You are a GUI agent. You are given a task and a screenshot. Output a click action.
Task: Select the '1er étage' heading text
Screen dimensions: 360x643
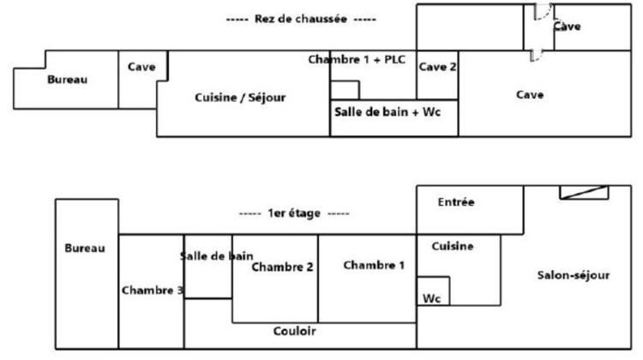pyautogui.click(x=294, y=213)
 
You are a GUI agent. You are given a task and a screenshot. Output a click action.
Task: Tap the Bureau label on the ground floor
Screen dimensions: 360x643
pyautogui.click(x=67, y=80)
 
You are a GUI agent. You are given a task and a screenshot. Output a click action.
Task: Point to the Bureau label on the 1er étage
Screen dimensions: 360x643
pyautogui.click(x=85, y=249)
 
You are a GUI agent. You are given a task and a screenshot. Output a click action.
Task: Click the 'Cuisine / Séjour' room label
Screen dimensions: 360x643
pyautogui.click(x=240, y=98)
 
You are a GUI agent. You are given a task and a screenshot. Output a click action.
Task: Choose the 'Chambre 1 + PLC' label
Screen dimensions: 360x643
pyautogui.click(x=357, y=59)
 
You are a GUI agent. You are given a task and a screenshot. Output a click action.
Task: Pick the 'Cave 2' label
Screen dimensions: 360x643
pyautogui.click(x=437, y=68)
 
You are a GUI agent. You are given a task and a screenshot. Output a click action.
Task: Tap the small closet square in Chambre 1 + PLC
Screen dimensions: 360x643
pyautogui.click(x=345, y=90)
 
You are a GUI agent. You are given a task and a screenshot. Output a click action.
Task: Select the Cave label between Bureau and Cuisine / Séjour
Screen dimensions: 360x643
pyautogui.click(x=141, y=68)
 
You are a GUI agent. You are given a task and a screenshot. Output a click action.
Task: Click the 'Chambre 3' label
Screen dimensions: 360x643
pyautogui.click(x=152, y=290)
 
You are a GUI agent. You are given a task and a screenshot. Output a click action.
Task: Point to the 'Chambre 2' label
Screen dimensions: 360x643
pyautogui.click(x=282, y=267)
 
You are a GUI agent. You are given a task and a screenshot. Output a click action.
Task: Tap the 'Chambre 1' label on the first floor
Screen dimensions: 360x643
pyautogui.click(x=374, y=265)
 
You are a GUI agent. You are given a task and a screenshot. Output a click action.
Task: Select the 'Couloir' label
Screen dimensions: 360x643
pyautogui.click(x=295, y=331)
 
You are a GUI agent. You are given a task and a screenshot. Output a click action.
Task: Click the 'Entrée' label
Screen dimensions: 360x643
pyautogui.click(x=456, y=202)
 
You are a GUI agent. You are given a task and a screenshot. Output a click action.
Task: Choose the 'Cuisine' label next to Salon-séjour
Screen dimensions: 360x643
pyautogui.click(x=452, y=247)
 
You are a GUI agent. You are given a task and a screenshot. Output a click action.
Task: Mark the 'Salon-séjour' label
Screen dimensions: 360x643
pyautogui.click(x=574, y=275)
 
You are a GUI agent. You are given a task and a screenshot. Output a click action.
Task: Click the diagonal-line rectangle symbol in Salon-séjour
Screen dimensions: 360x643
pyautogui.click(x=584, y=192)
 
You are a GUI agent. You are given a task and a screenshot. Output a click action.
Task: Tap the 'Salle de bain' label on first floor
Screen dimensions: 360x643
pyautogui.click(x=216, y=255)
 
